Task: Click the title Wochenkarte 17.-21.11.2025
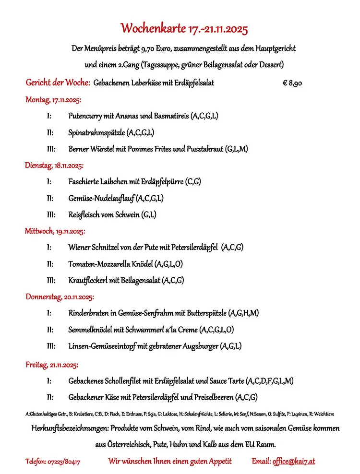point(184,28)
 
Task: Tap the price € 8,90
point(292,83)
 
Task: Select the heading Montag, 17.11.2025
point(53,100)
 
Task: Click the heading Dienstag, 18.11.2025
point(54,166)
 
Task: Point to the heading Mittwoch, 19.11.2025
point(55,231)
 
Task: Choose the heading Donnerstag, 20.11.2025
point(60,297)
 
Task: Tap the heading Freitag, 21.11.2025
point(52,365)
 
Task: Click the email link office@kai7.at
point(293,462)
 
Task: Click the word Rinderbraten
point(88,313)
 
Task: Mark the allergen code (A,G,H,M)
point(243,313)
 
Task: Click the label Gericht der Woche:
point(58,83)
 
